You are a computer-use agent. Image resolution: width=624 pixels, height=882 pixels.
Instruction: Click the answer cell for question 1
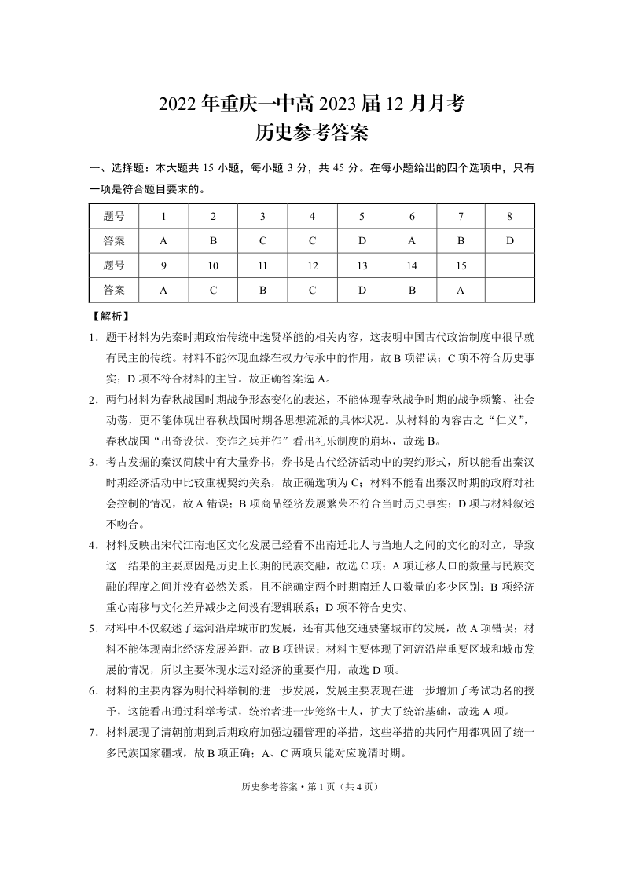[x=163, y=241]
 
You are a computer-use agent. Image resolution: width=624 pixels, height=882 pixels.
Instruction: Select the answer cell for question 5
[x=362, y=241]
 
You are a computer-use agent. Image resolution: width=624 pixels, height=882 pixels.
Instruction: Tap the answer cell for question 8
[x=509, y=241]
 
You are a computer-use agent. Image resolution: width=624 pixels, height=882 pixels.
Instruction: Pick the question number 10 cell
[x=213, y=265]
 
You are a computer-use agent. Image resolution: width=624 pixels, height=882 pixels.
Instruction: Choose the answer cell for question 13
[x=362, y=290]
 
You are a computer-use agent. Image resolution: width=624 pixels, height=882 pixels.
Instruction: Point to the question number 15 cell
[x=461, y=265]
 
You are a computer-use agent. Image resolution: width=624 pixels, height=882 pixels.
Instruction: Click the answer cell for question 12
[x=312, y=290]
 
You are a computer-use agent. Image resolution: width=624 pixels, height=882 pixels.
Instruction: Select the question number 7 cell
[x=461, y=216]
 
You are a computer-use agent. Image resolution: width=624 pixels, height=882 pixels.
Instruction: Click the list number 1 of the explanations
[x=93, y=337]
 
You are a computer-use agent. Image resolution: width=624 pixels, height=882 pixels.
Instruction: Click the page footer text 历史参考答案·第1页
[x=312, y=786]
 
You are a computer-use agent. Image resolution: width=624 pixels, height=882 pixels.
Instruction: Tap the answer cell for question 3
[x=262, y=241]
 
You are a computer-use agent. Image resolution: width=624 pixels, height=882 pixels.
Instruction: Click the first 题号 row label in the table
[x=114, y=216]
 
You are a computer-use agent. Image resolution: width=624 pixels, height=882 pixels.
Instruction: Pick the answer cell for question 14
[x=412, y=290]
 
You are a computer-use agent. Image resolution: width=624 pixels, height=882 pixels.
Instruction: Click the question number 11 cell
[x=262, y=265]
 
